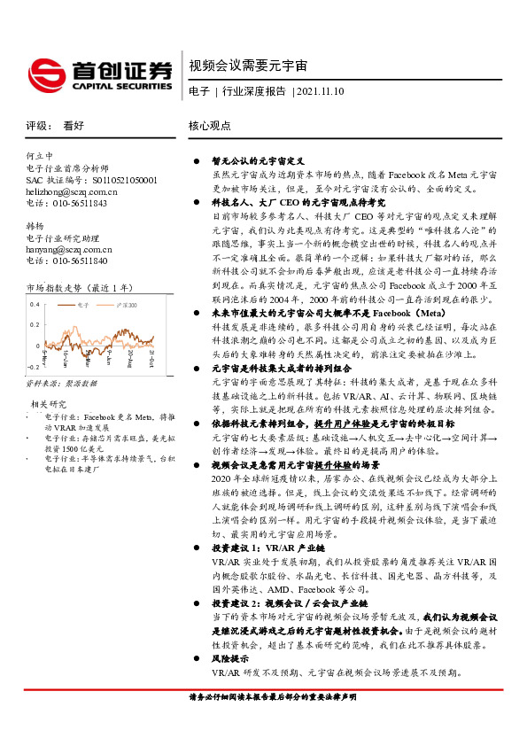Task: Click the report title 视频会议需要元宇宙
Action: coord(248,66)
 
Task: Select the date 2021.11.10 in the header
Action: coord(321,91)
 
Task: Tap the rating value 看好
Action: coord(74,126)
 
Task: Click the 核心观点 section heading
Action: coord(210,126)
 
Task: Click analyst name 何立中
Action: coord(40,154)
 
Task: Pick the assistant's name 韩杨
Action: coord(35,226)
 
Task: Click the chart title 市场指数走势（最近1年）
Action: coord(79,288)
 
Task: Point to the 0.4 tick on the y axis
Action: coord(35,304)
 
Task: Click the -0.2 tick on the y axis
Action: coord(34,365)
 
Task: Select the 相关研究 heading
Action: coord(45,403)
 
